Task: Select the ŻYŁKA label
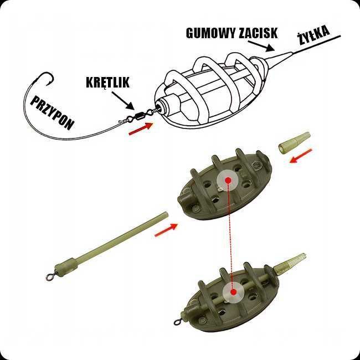point(313,37)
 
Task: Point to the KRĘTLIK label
point(107,83)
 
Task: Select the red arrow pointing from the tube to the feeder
point(166,229)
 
